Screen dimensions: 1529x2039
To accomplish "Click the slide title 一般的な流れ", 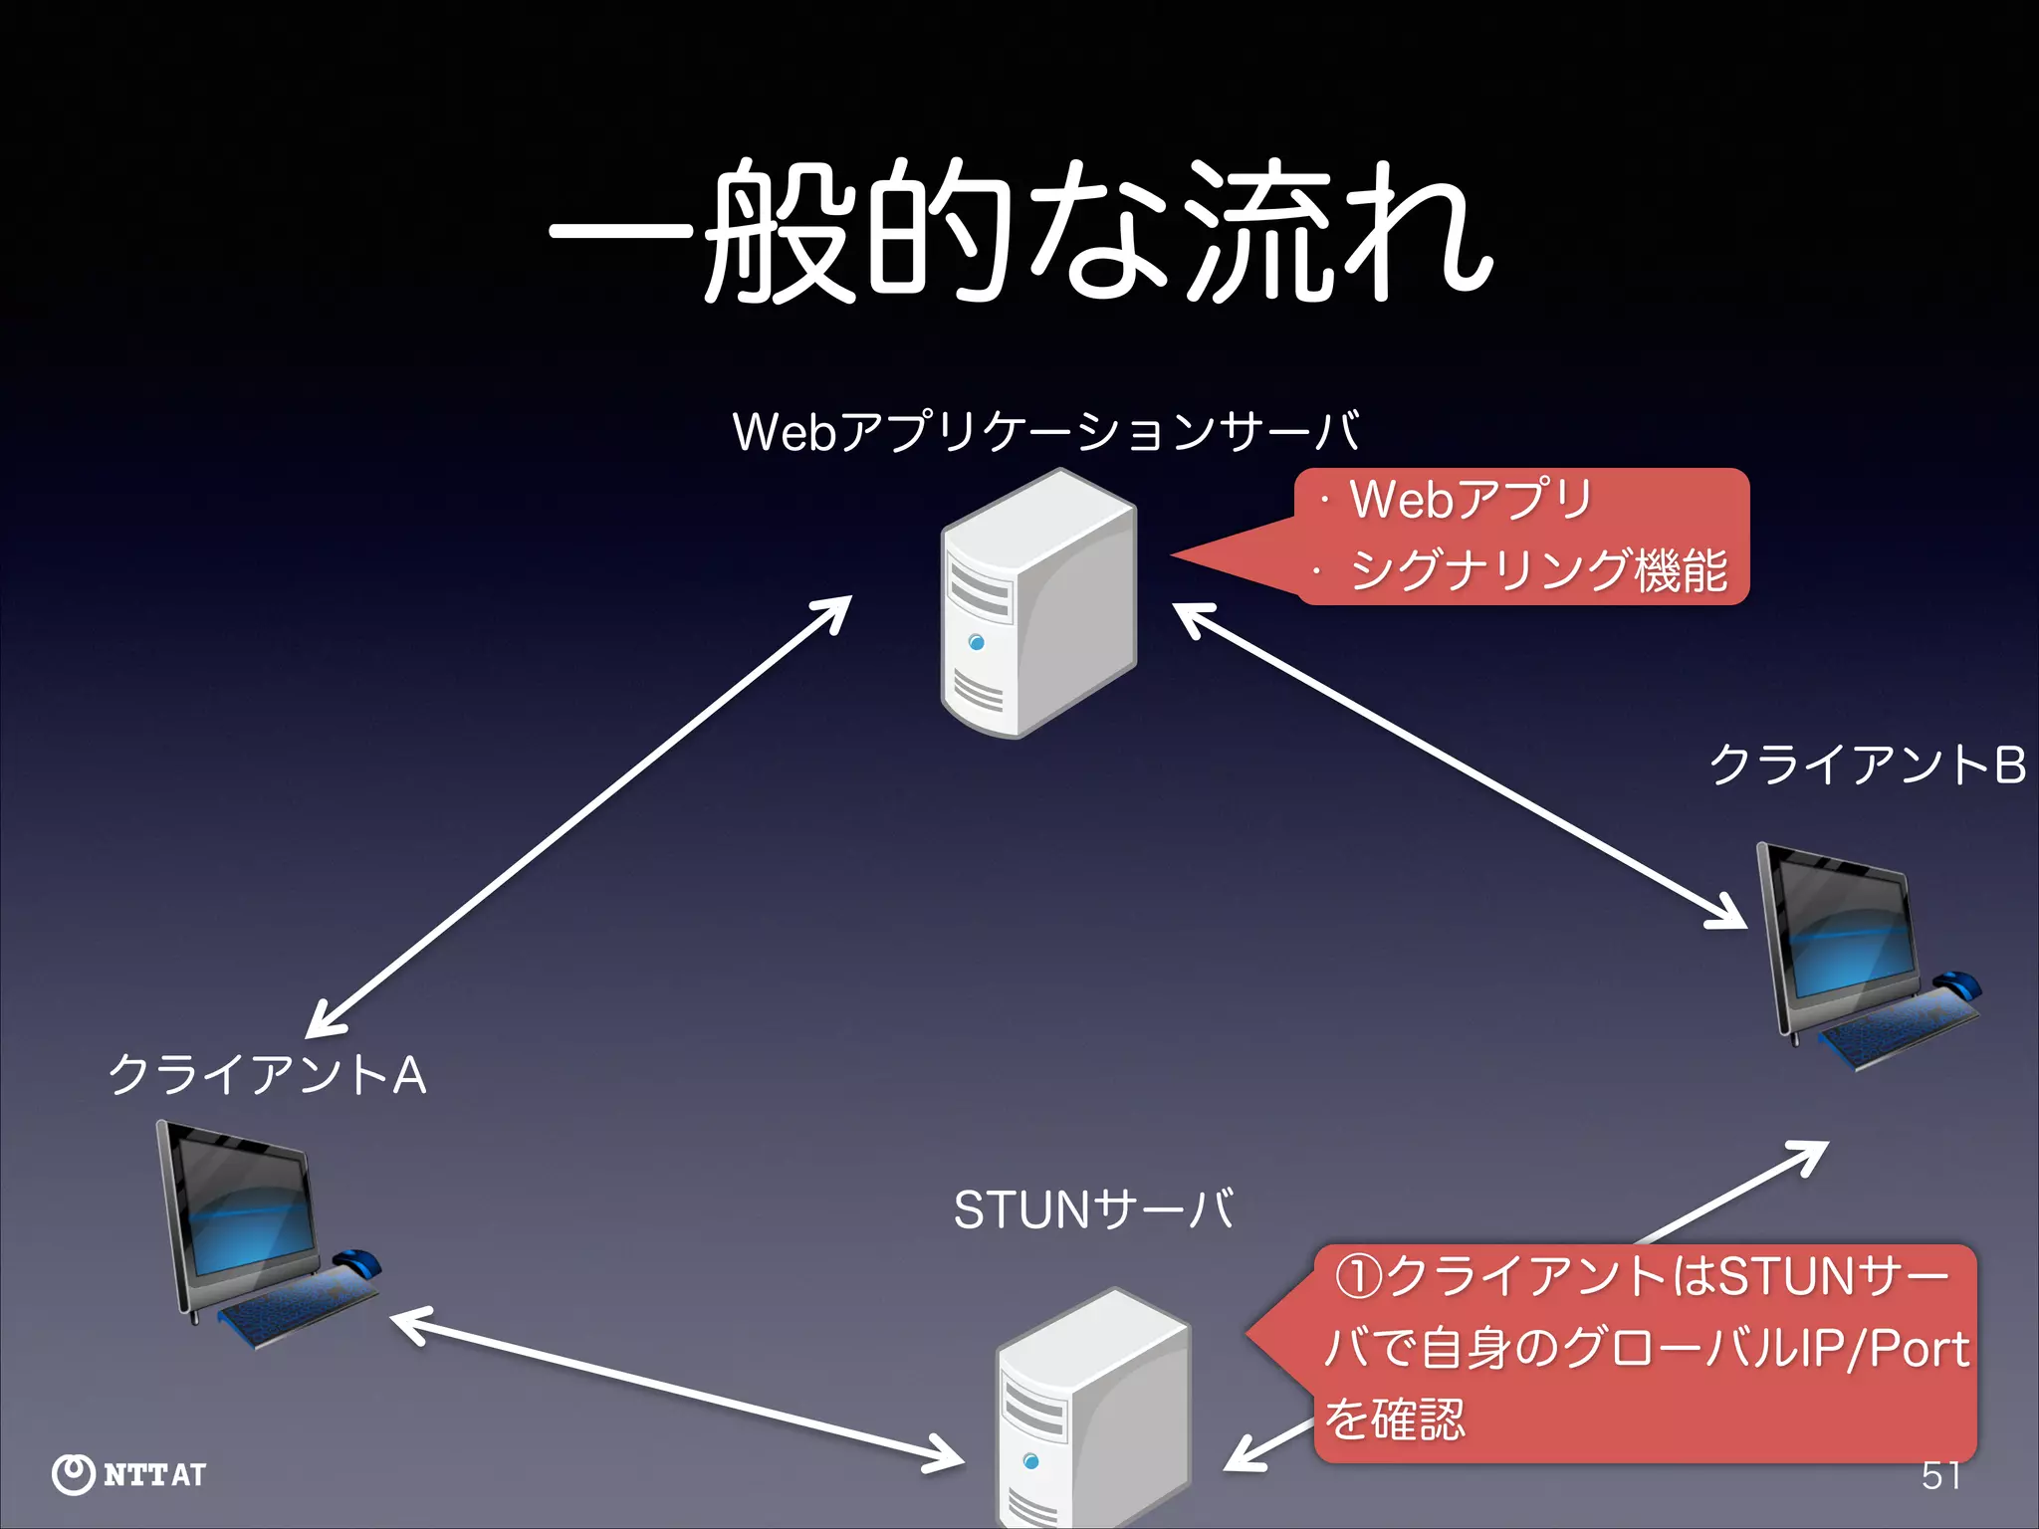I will (x=1019, y=231).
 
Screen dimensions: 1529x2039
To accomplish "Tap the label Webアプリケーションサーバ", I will (x=1045, y=432).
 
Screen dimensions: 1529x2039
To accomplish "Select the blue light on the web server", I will (x=976, y=643).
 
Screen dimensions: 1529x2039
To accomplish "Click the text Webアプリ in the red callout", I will (x=1471, y=499).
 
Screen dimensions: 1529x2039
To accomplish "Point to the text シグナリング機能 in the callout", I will (x=1538, y=571).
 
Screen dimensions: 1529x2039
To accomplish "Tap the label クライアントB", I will (x=1867, y=765).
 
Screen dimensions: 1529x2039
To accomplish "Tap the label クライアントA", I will (x=267, y=1076).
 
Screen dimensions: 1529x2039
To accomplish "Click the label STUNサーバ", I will (x=1093, y=1210).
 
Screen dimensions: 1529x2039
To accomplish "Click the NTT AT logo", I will (x=129, y=1474).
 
